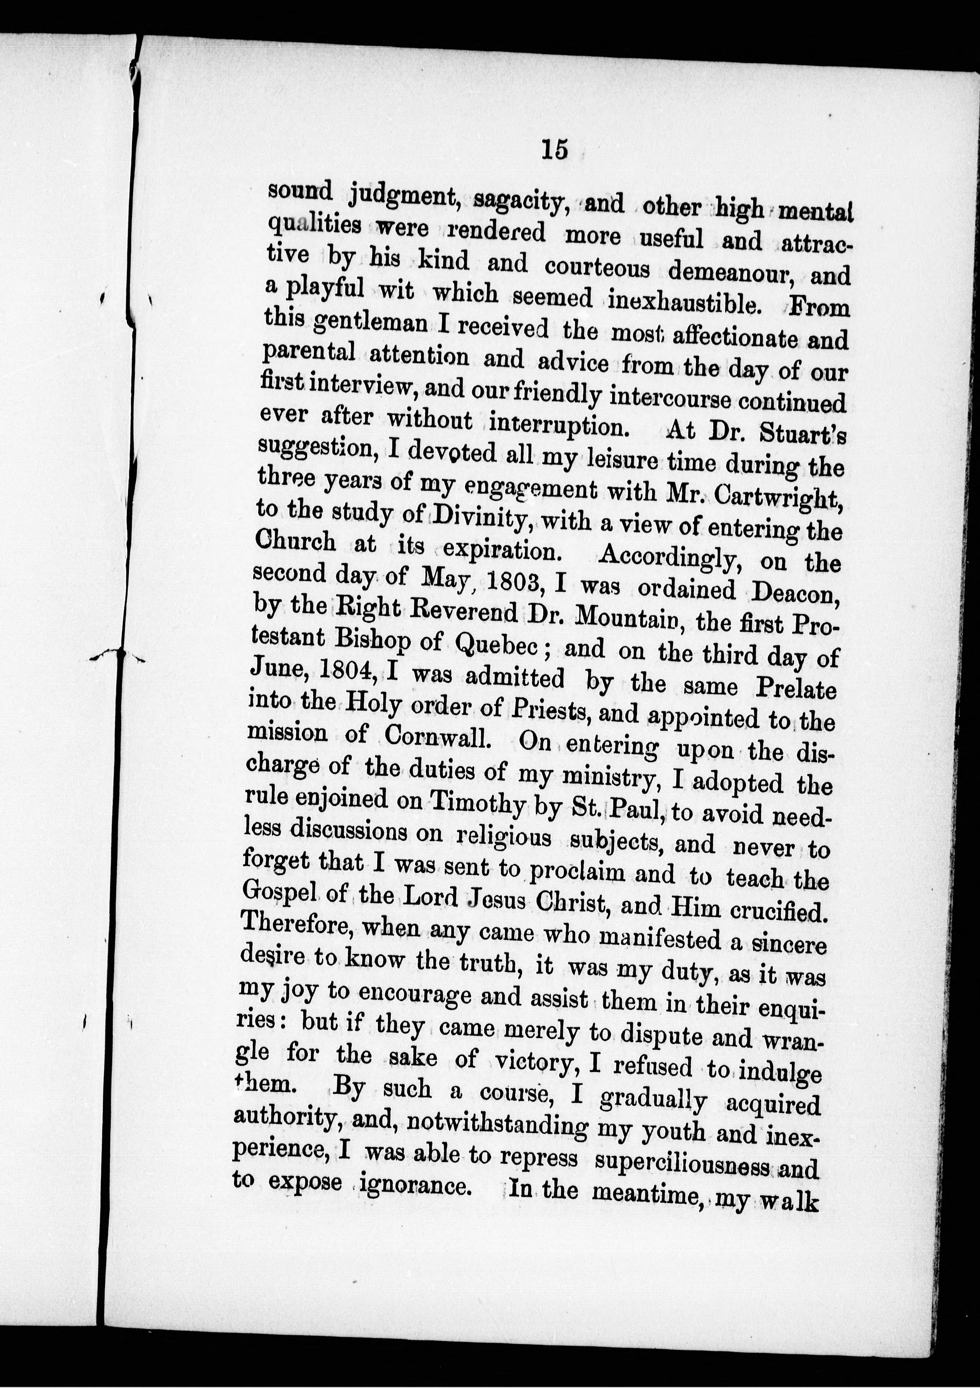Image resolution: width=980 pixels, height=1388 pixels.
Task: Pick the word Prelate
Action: (x=796, y=688)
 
